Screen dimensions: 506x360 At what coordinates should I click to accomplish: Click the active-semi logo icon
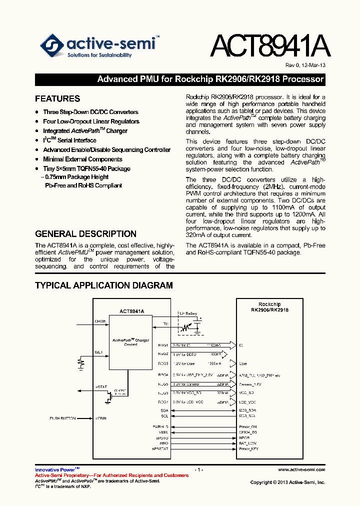[x=52, y=46]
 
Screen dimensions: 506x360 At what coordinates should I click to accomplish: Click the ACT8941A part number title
[x=269, y=47]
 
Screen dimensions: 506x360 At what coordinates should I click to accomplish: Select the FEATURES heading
[x=57, y=98]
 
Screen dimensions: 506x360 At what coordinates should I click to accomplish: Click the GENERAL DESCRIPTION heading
[x=85, y=233]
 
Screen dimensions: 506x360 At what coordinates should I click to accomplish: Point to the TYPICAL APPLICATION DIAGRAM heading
[x=103, y=285]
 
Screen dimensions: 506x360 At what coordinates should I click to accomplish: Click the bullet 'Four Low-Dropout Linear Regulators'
[x=91, y=121]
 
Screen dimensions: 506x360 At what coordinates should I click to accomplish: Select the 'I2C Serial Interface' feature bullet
[x=69, y=140]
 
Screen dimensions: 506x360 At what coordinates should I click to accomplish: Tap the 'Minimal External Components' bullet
[x=82, y=159]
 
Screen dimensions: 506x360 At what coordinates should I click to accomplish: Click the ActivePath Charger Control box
[x=130, y=342]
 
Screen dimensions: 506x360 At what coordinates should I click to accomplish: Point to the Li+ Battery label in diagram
[x=188, y=313]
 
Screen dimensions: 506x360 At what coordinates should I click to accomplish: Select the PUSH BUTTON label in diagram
[x=63, y=417]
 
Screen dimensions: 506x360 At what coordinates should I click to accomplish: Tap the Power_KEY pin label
[x=248, y=448]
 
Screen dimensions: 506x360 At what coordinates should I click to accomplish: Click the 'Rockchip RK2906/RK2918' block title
[x=269, y=307]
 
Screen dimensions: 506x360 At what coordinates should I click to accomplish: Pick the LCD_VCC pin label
[x=247, y=402]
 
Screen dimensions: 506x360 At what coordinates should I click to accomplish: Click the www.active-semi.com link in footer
[x=301, y=470]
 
